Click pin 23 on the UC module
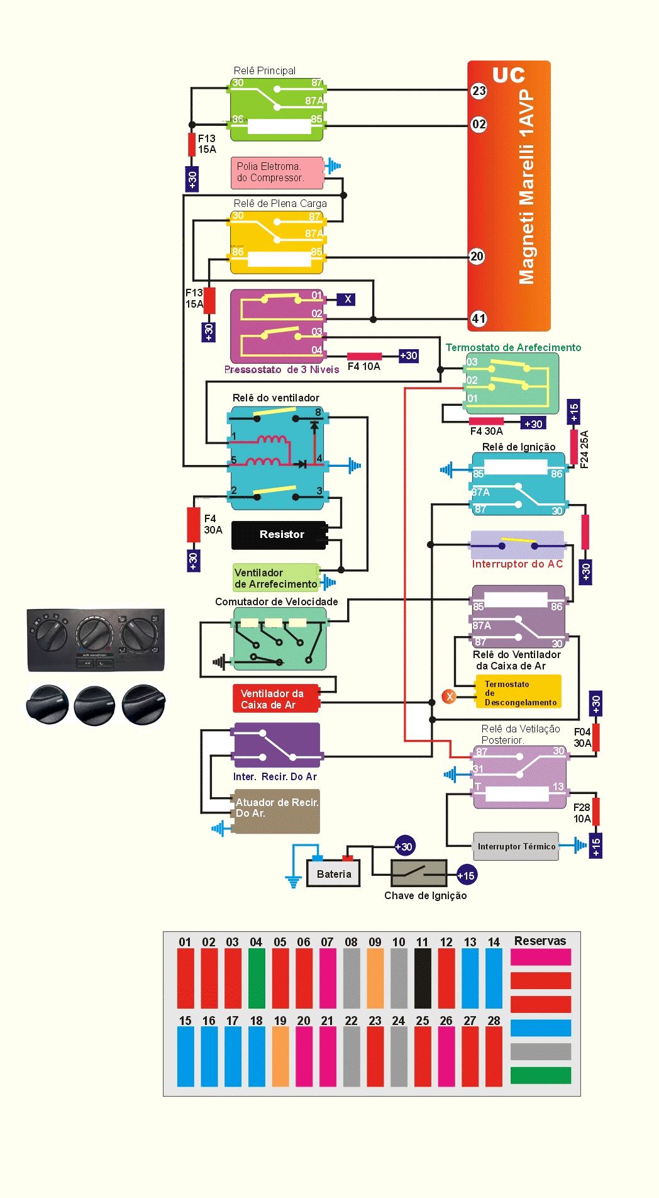point(479,91)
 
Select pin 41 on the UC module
point(479,319)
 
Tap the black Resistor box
point(279,535)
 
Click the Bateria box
point(333,874)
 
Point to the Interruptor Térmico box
point(516,846)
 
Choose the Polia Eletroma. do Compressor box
point(277,172)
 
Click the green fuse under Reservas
point(541,1075)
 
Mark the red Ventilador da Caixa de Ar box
point(275,699)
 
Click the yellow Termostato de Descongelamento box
point(518,692)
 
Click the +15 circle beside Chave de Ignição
point(466,876)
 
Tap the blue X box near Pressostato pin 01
point(346,299)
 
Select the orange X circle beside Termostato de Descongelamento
point(449,697)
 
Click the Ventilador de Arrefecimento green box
point(275,578)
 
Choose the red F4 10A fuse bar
point(365,357)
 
